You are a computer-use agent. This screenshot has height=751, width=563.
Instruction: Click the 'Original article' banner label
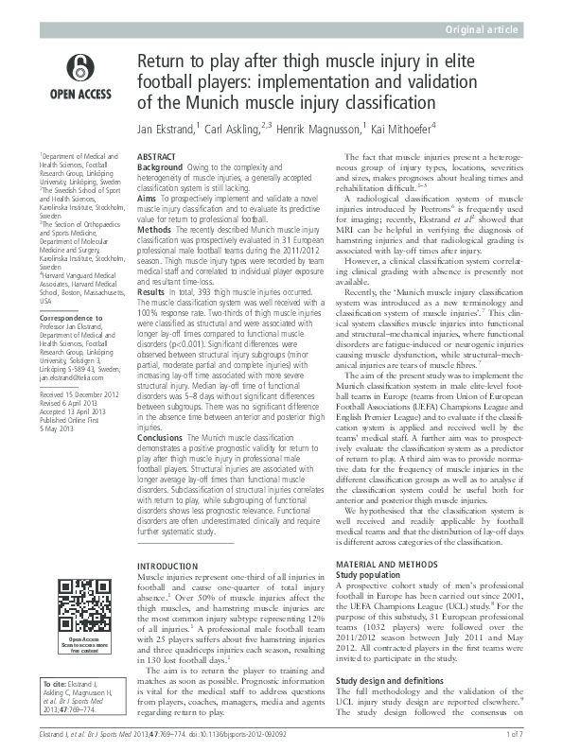tap(483, 30)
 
